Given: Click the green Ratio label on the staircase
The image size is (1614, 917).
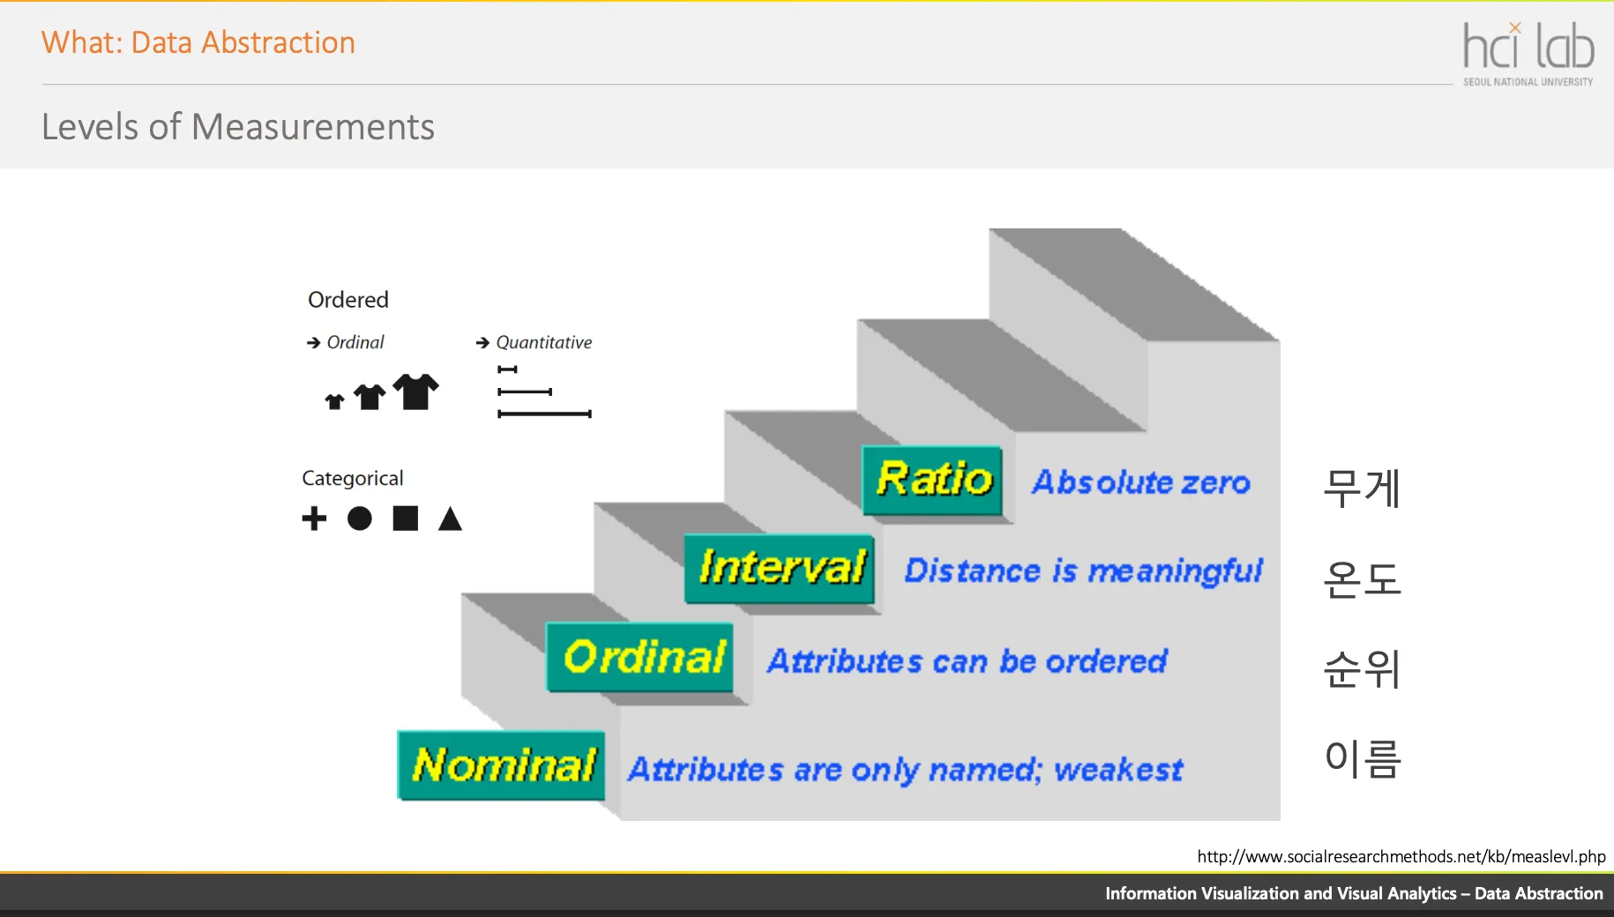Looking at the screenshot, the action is (x=932, y=481).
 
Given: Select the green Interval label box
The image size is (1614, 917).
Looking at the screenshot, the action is (x=780, y=569).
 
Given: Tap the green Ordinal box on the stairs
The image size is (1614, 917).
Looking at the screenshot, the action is (x=639, y=658).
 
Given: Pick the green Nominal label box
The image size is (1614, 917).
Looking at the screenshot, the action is (x=501, y=765).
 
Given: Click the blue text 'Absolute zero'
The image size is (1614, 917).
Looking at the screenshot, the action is (x=1141, y=482).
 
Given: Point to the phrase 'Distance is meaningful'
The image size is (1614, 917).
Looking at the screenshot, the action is (x=1084, y=571).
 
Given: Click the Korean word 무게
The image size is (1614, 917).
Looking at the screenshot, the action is (x=1362, y=488).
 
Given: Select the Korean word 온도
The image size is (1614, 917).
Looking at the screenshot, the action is (x=1362, y=579).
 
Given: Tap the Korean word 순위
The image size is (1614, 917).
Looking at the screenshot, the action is (x=1362, y=669).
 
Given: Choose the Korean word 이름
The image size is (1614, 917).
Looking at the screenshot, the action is (x=1363, y=759).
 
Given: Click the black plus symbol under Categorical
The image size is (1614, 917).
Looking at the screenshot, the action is (x=314, y=518).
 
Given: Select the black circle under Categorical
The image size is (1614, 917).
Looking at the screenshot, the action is (x=360, y=518).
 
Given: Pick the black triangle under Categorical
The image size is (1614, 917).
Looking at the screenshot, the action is (x=451, y=519).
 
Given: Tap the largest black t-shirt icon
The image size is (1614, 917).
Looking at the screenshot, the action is (x=415, y=391).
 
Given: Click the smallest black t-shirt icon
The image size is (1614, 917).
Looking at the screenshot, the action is (x=334, y=402).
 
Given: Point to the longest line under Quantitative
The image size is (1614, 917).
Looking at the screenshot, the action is (x=544, y=414).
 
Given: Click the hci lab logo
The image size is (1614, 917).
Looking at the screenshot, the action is (x=1528, y=54).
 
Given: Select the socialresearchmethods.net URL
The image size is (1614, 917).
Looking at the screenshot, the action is (x=1401, y=856).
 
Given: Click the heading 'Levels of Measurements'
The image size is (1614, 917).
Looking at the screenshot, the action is (x=238, y=127).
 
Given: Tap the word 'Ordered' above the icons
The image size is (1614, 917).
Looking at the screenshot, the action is (x=348, y=300).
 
